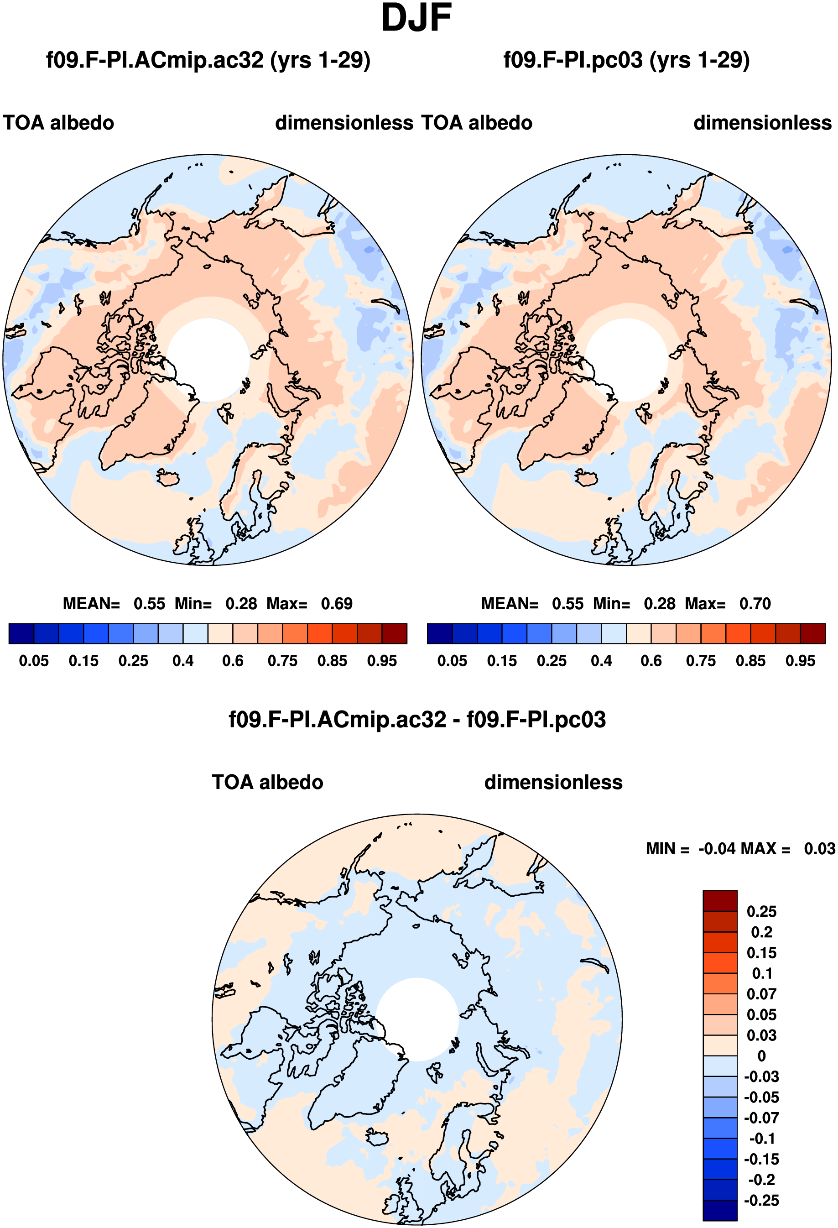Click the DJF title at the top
(416, 18)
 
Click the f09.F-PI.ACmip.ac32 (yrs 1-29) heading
(208, 60)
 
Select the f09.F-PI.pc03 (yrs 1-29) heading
(627, 60)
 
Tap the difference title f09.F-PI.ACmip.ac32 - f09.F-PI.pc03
(417, 720)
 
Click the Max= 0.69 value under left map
(309, 603)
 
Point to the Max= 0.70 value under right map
(728, 603)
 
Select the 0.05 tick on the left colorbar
(34, 661)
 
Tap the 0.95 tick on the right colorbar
(801, 661)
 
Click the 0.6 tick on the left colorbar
(233, 661)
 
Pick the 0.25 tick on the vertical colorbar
(761, 911)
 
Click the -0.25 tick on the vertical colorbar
(761, 1201)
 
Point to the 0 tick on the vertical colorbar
(761, 1056)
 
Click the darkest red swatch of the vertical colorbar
(720, 901)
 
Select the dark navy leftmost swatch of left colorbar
(21, 633)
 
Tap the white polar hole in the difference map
(417, 1019)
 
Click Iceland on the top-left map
(168, 478)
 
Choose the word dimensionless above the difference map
(553, 783)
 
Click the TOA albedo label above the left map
(59, 123)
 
